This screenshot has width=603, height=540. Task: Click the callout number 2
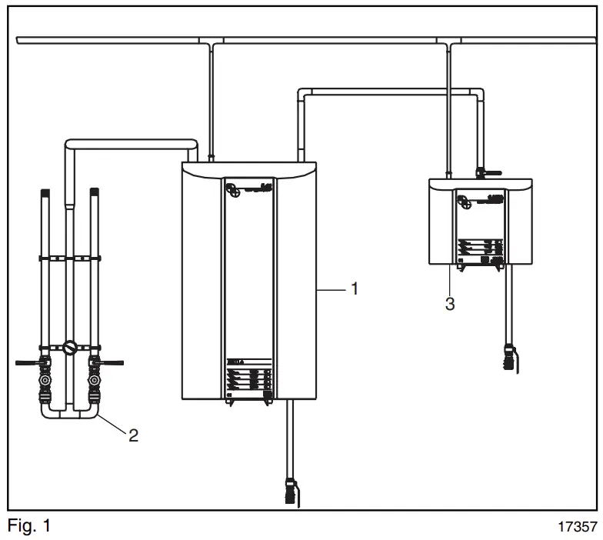tap(133, 436)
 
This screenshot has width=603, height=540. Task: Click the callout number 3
tap(450, 304)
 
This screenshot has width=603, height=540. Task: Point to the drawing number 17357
tap(577, 528)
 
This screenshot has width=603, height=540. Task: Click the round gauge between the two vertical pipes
tap(70, 348)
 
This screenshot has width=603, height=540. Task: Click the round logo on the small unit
tap(464, 202)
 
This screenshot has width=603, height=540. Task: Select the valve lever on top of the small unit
tap(485, 175)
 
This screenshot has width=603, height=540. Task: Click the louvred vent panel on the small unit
tap(479, 248)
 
